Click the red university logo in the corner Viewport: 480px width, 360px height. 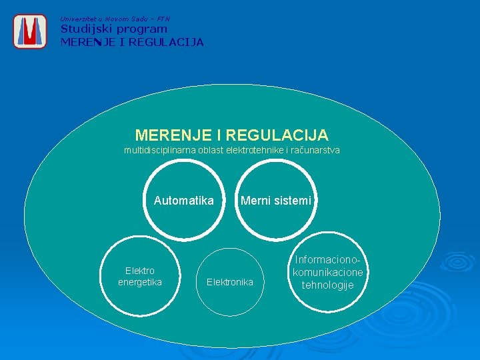(x=30, y=31)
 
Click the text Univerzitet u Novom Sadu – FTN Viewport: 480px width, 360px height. (x=115, y=19)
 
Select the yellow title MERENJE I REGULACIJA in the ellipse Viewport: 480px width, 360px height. (x=231, y=135)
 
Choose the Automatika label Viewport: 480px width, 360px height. (x=184, y=200)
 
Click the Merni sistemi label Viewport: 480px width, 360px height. (x=276, y=200)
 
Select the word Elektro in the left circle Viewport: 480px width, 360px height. (x=140, y=271)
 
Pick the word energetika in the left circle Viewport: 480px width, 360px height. (x=140, y=282)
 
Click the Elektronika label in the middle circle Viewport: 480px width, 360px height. (x=230, y=282)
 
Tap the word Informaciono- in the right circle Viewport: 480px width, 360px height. (x=331, y=260)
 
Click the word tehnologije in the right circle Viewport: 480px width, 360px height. (x=327, y=285)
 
